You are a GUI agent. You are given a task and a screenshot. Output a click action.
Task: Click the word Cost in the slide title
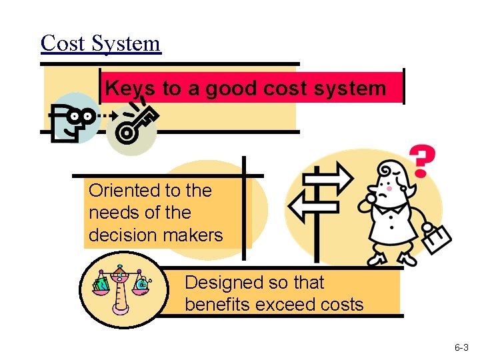click(63, 43)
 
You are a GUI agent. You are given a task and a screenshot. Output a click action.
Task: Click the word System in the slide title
click(126, 44)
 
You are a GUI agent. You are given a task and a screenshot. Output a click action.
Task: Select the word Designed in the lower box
click(223, 283)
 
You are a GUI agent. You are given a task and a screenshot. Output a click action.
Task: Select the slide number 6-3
click(461, 348)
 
